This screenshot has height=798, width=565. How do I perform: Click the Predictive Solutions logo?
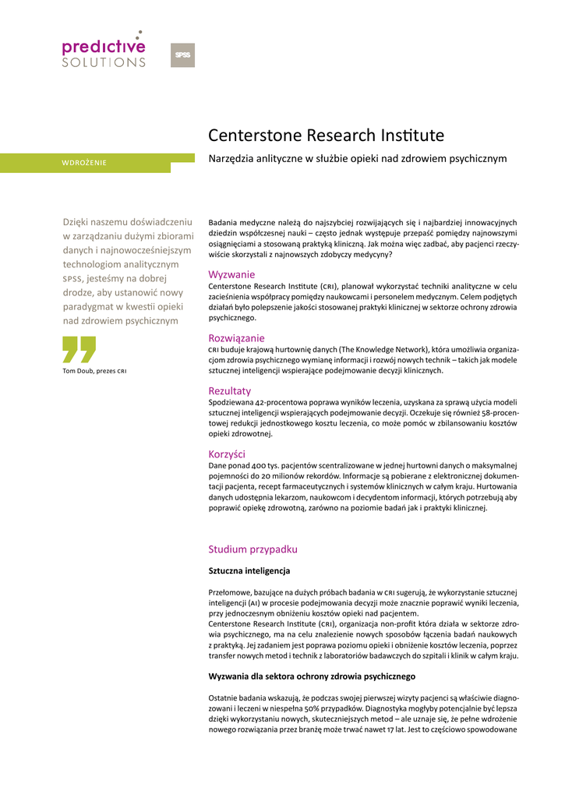(x=104, y=50)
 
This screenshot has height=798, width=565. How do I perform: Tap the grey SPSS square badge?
(x=182, y=55)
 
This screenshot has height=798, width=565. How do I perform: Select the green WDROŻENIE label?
(x=84, y=163)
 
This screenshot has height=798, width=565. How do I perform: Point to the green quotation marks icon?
(x=79, y=350)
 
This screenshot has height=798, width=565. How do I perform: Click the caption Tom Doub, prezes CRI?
(x=94, y=370)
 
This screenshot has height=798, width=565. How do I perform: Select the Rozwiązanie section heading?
(x=236, y=338)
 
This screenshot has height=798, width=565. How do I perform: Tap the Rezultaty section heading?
(x=230, y=390)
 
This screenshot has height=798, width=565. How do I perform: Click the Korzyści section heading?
(x=227, y=454)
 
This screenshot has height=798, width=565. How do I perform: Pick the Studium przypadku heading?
(x=252, y=549)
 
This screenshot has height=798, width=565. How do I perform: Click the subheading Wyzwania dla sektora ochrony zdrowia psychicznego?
(x=312, y=676)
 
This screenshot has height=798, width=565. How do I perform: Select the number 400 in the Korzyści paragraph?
(x=266, y=466)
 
